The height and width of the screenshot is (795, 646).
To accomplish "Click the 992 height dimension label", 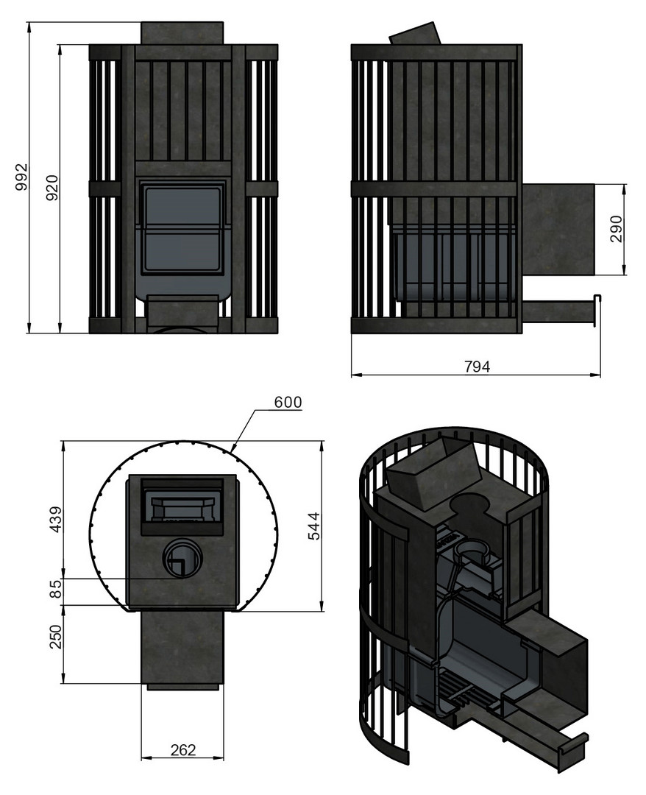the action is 21,177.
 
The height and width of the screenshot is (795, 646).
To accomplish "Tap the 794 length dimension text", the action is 478,366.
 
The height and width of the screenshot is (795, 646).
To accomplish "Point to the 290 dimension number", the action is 616,229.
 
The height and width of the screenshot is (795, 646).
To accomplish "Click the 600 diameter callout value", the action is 288,402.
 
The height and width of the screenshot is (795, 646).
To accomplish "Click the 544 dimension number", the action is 314,526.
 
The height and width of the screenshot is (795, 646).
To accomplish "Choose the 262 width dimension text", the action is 183,749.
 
